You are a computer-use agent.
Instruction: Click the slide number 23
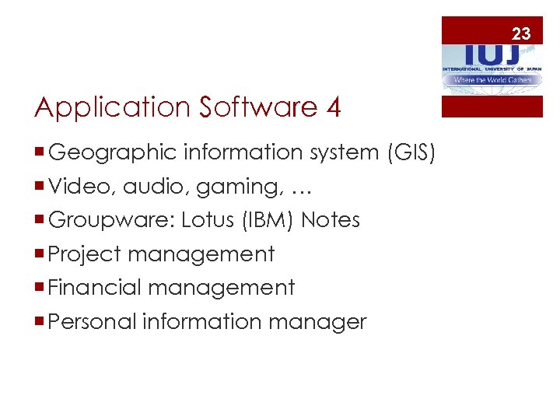click(521, 33)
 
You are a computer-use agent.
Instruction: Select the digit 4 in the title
click(334, 107)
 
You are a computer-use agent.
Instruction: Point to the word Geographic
click(112, 153)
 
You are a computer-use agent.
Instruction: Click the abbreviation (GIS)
click(411, 153)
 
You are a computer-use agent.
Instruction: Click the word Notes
click(331, 220)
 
